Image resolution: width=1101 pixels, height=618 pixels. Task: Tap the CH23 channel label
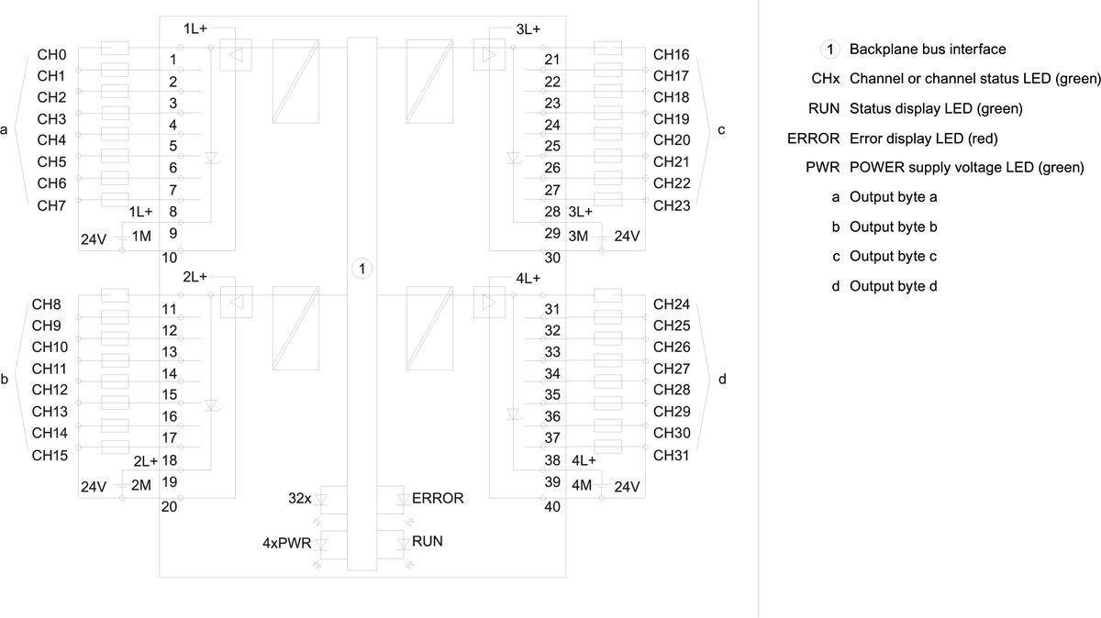[671, 205]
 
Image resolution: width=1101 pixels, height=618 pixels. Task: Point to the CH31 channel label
[671, 455]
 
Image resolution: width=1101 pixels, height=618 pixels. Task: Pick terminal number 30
[552, 258]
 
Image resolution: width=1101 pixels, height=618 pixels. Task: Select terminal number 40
[552, 506]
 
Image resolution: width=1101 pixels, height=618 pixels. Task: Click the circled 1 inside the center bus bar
[362, 269]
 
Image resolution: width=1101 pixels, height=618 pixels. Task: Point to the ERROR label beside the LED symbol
[438, 499]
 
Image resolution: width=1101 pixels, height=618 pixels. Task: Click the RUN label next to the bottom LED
[428, 542]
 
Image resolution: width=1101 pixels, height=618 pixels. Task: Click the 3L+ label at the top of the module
[528, 29]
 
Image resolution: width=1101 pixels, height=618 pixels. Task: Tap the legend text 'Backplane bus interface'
[928, 50]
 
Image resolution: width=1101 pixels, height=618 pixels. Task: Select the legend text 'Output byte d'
[893, 287]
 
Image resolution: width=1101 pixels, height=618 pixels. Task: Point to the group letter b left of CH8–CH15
[6, 379]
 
